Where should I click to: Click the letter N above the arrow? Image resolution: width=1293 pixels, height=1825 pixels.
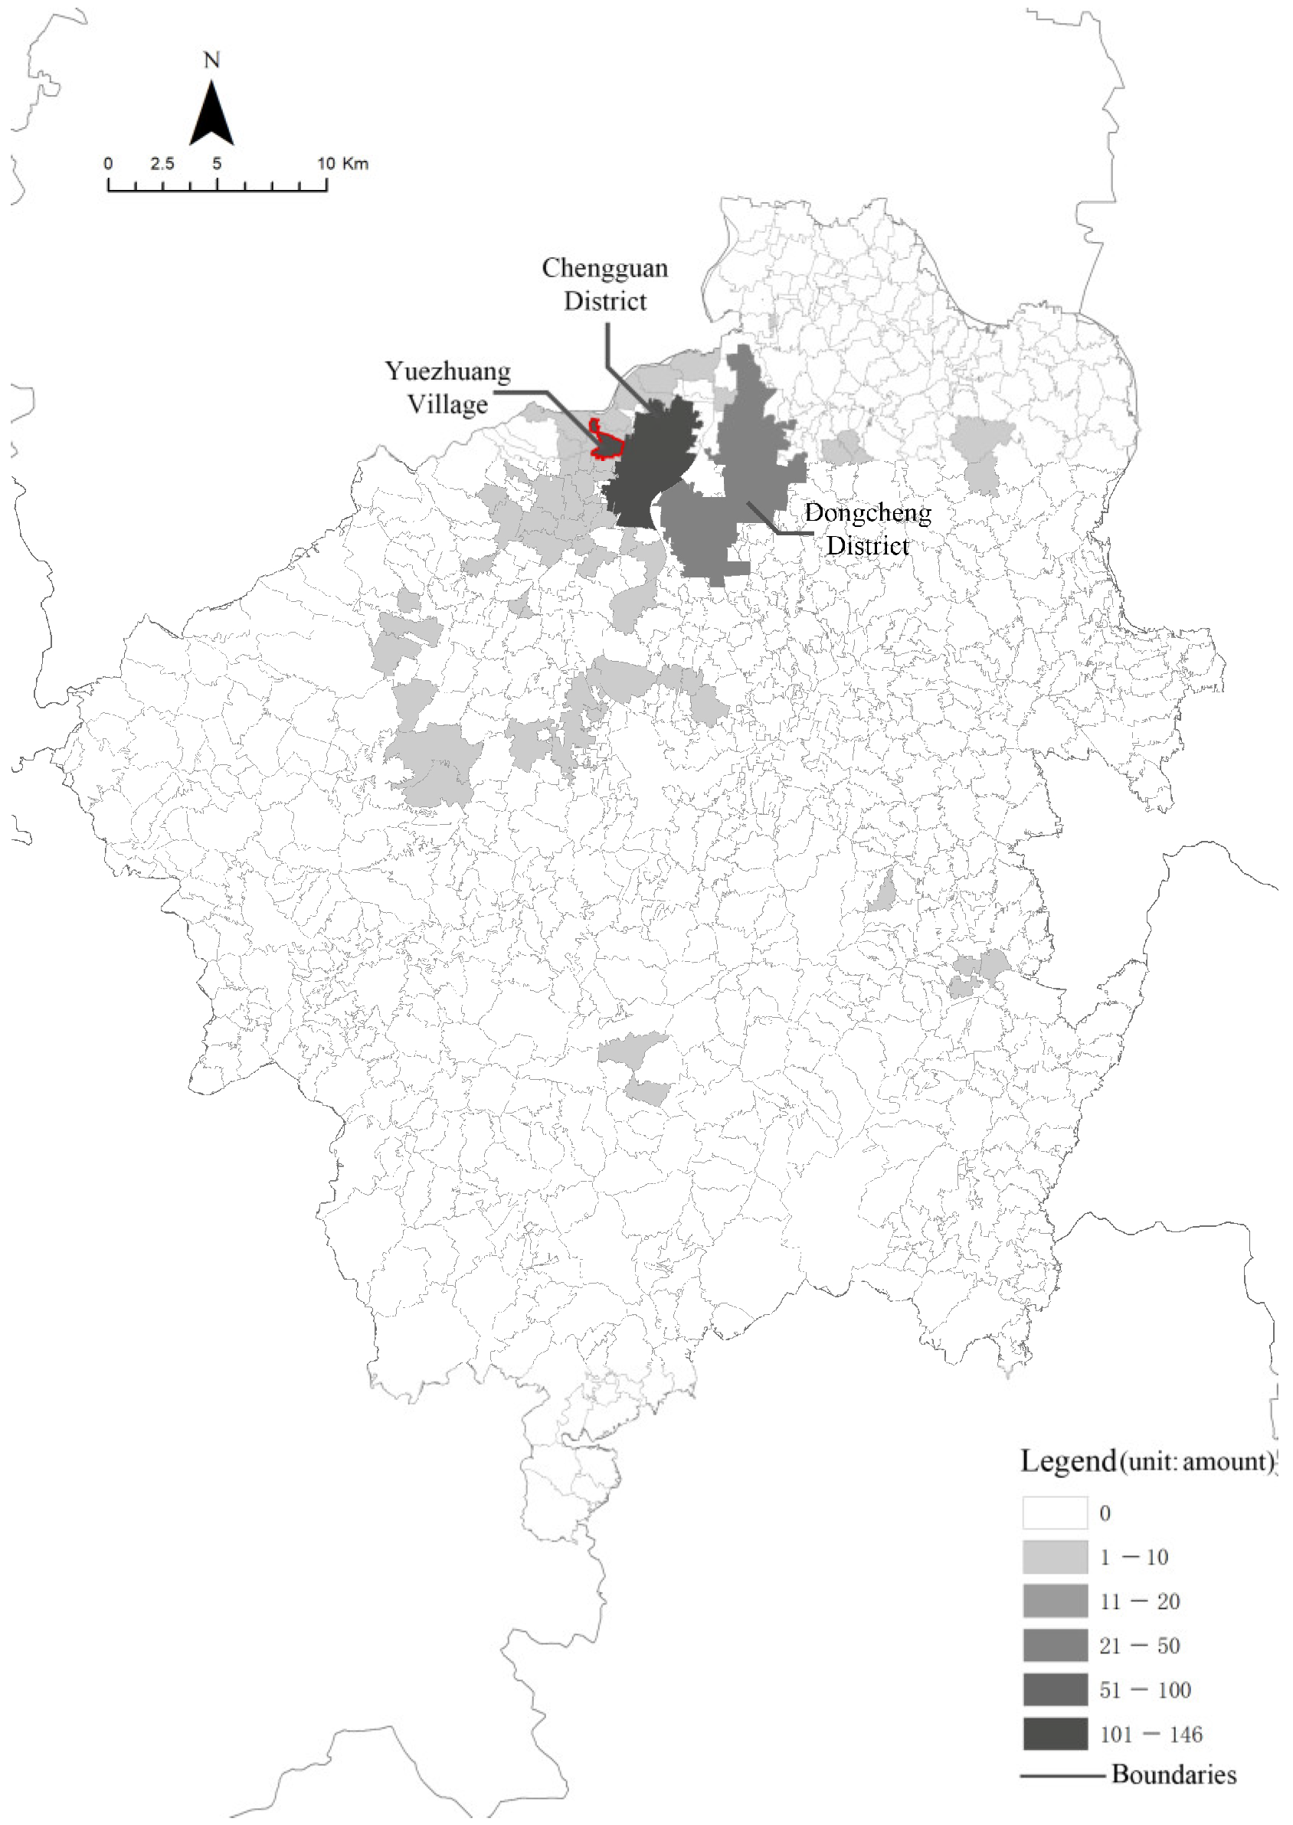pos(211,61)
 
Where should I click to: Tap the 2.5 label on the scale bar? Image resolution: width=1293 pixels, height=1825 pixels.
pos(162,164)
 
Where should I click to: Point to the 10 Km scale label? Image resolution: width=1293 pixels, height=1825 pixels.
pos(343,164)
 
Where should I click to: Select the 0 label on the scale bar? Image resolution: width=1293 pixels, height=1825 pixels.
pos(108,164)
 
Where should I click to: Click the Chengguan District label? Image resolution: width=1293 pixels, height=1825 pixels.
pos(605,284)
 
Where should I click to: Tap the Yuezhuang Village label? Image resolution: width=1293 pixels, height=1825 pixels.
pos(447,388)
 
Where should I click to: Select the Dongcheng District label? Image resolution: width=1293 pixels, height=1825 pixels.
pos(867,528)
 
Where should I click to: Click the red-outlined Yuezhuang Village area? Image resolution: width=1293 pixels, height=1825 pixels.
pos(607,445)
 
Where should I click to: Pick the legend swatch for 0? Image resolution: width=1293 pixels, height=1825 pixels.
pos(1055,1513)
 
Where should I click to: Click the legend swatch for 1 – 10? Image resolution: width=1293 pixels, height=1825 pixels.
pos(1055,1557)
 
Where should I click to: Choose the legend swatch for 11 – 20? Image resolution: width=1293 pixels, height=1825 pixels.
pos(1055,1601)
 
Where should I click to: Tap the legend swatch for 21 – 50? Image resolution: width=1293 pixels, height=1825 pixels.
pos(1055,1645)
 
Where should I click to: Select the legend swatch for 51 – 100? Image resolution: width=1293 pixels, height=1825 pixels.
pos(1055,1689)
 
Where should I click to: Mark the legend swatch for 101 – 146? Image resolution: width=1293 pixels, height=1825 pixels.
pos(1055,1735)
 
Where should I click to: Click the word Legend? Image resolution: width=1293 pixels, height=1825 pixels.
pos(1068,1461)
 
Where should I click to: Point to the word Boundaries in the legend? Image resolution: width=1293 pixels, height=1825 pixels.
pos(1174,1775)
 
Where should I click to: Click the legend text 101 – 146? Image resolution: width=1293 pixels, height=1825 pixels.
pos(1151,1735)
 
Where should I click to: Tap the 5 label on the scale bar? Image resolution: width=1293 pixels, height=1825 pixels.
pos(217,164)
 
